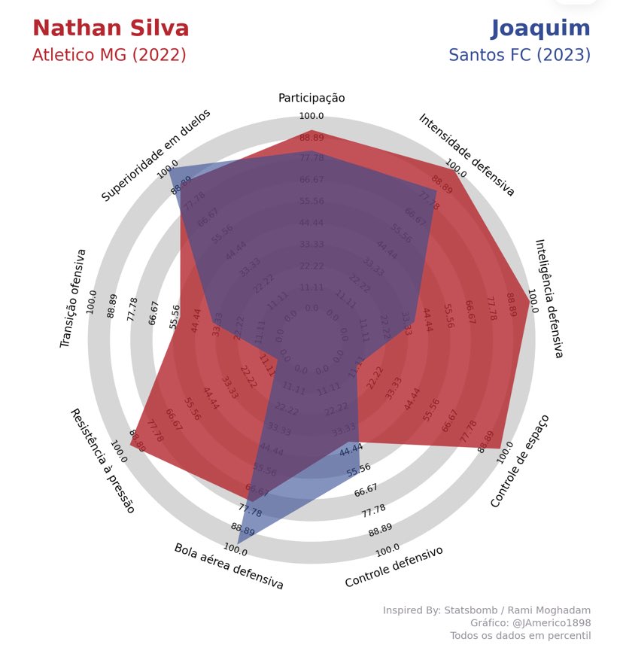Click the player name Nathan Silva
tap(111, 29)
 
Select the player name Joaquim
tap(540, 29)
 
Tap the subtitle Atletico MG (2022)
tap(109, 56)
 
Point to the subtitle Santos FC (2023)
tap(519, 56)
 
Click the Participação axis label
tap(311, 98)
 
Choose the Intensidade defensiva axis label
tap(466, 155)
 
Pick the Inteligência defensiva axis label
tap(549, 298)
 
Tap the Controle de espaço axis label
tap(520, 461)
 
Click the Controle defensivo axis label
tap(394, 567)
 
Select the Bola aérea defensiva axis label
tap(229, 566)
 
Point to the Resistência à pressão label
tap(102, 461)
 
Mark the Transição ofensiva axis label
tap(73, 298)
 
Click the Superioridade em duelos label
tap(156, 155)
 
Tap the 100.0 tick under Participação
tap(311, 116)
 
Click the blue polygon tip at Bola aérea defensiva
tap(239, 543)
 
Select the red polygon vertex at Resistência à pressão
tap(130, 445)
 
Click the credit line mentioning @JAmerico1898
tap(530, 623)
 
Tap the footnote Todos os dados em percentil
tap(520, 636)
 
